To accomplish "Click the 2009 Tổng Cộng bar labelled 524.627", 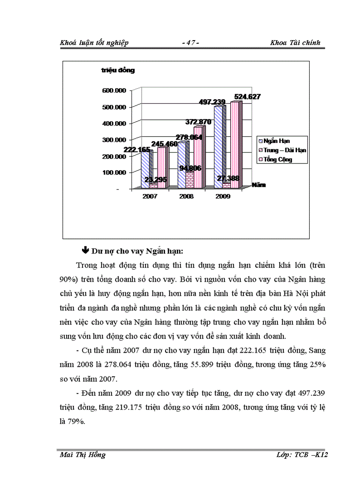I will (x=235, y=145).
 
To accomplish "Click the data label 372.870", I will (x=191, y=121).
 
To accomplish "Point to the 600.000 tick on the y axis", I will (x=115, y=90).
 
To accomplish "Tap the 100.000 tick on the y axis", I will (x=115, y=172).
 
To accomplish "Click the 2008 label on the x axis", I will (x=187, y=196).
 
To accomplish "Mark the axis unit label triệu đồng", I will (x=118, y=70).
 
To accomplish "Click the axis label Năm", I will (x=259, y=185).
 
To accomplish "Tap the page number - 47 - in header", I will (x=191, y=43).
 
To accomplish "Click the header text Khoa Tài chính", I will (x=296, y=43).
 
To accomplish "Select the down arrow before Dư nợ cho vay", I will (x=86, y=251).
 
